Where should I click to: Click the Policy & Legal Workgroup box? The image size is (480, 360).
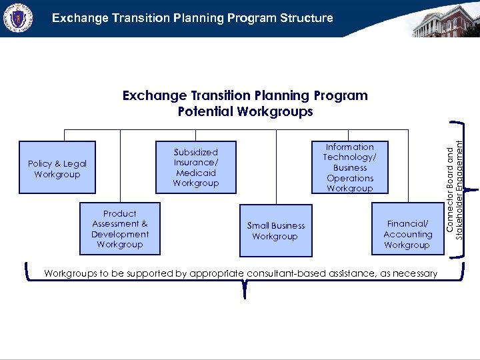click(x=57, y=169)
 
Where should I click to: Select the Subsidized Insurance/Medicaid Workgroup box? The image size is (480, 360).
click(x=195, y=167)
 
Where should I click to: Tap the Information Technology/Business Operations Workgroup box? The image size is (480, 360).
click(x=349, y=167)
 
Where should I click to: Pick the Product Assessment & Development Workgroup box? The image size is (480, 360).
click(x=120, y=229)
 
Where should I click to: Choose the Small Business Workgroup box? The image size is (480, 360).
click(x=275, y=231)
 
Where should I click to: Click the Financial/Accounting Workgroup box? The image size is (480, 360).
click(x=407, y=229)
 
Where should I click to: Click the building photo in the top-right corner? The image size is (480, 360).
click(x=445, y=19)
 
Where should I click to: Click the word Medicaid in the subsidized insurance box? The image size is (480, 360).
click(x=195, y=173)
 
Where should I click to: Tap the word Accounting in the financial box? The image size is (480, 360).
click(x=407, y=234)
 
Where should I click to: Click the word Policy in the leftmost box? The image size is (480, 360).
click(x=41, y=163)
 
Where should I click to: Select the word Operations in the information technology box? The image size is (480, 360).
click(x=350, y=178)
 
